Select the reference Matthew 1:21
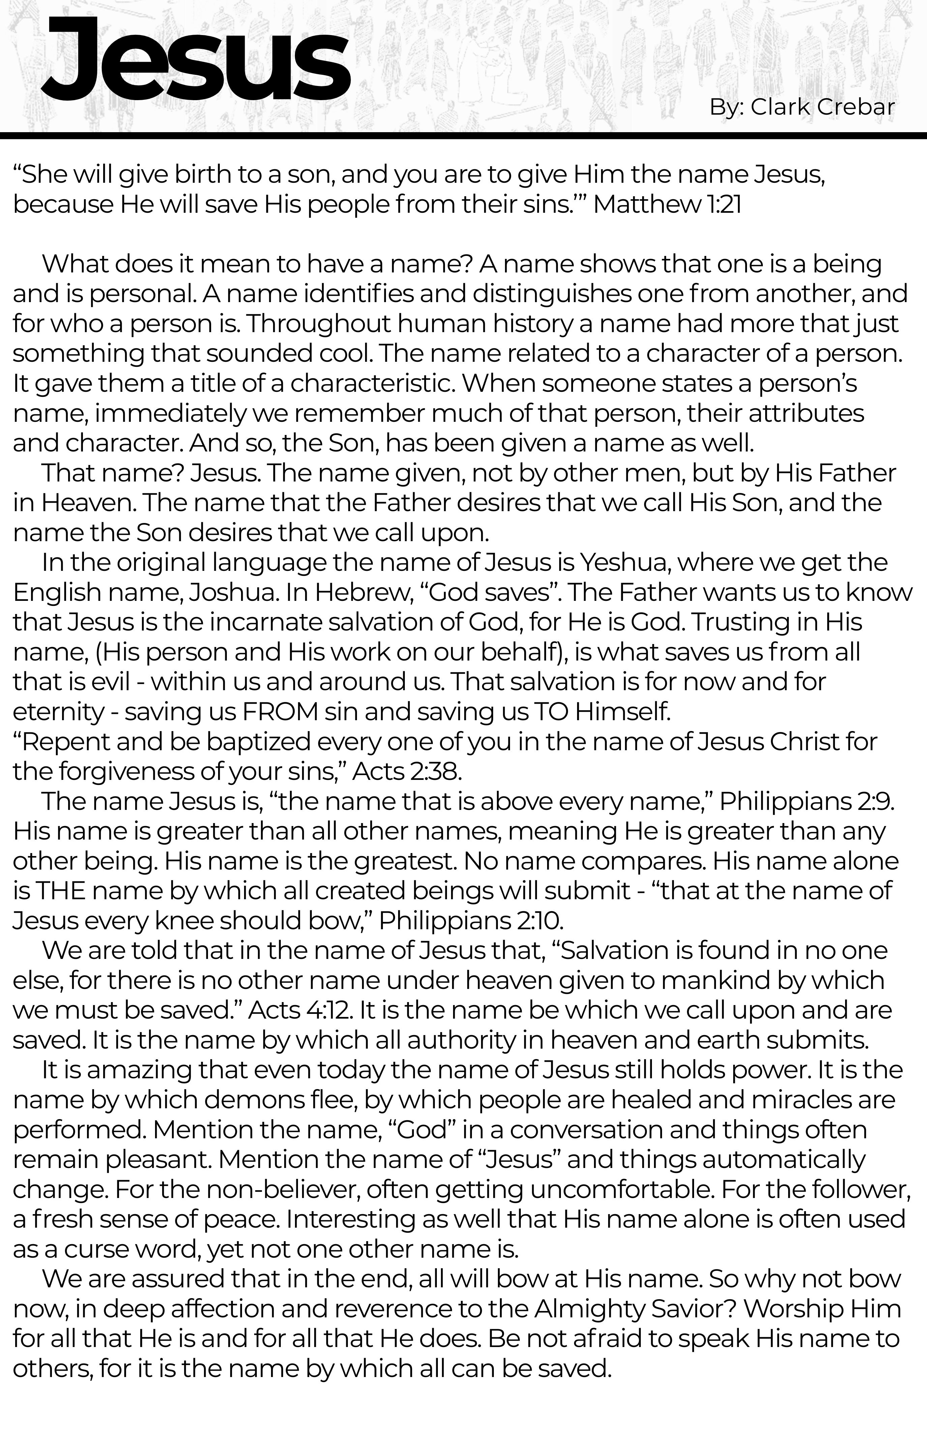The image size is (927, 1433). point(667,205)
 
